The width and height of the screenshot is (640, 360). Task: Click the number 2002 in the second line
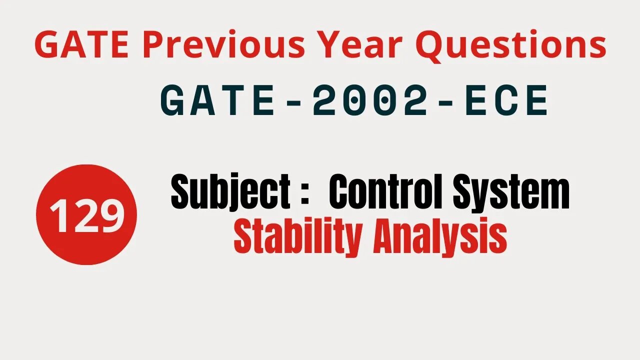point(370,101)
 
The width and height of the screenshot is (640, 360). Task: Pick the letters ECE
point(505,101)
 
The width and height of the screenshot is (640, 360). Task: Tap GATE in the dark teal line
point(219,101)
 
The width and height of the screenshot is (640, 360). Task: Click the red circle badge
point(86,214)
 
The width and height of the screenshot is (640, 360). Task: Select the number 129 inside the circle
point(86,215)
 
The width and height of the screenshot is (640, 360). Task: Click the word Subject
point(230,194)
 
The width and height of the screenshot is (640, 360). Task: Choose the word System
point(511,194)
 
